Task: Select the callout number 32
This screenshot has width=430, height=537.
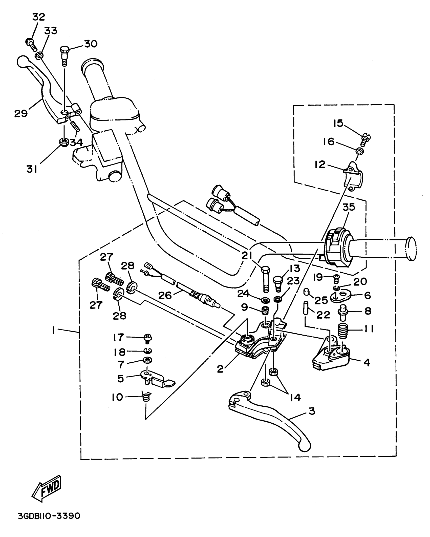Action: tap(38, 17)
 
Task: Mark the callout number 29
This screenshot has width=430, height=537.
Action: tap(21, 113)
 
